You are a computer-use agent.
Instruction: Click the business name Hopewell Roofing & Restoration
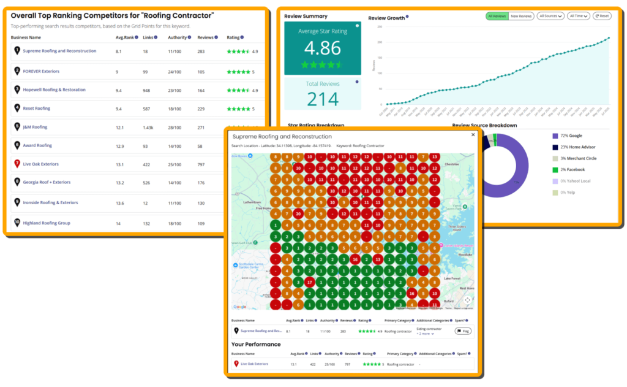coord(54,90)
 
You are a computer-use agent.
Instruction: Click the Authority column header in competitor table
coord(177,37)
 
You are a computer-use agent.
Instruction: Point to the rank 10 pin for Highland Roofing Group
coord(17,223)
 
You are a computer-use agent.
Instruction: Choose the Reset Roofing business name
coord(37,109)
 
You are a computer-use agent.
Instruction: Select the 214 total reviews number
coord(322,99)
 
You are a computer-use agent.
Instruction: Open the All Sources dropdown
coord(550,16)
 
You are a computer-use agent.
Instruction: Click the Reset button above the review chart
coord(602,16)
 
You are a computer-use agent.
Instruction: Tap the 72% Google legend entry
coord(569,136)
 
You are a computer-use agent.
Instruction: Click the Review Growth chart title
coord(386,18)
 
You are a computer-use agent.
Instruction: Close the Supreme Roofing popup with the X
coord(472,135)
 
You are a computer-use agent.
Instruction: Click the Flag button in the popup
coord(463,331)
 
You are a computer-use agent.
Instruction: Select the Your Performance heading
coord(256,344)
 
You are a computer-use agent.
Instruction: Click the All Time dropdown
coord(578,16)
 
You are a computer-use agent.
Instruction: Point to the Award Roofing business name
coord(37,146)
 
